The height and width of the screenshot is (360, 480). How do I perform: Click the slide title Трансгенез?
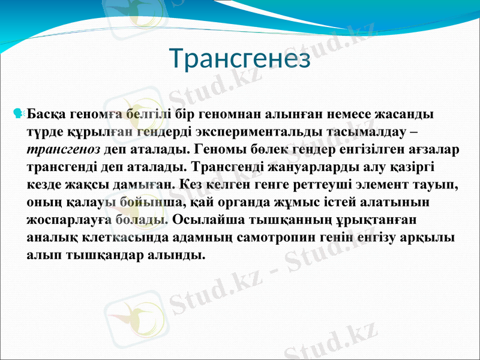coord(240,59)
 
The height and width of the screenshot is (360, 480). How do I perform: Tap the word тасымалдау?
coord(368,130)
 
